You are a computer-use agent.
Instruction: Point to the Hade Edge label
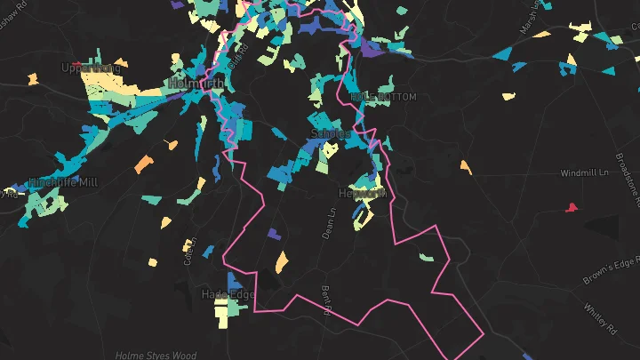[x=228, y=294]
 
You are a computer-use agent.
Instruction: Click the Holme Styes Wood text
[x=156, y=356]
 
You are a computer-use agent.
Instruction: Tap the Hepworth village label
[x=363, y=193]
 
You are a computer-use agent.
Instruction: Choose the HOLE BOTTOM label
[x=383, y=96]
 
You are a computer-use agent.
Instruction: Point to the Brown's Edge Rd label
[x=612, y=273]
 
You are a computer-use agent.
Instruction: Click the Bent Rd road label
[x=326, y=300]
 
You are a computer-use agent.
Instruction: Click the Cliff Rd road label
[x=236, y=62]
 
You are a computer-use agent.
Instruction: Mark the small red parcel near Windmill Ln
[x=571, y=208]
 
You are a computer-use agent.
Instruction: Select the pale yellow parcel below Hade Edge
[x=220, y=314]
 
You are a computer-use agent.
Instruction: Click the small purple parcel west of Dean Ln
[x=273, y=234]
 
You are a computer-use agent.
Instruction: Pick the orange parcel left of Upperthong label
[x=33, y=79]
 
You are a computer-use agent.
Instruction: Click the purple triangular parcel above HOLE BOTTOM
[x=371, y=49]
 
